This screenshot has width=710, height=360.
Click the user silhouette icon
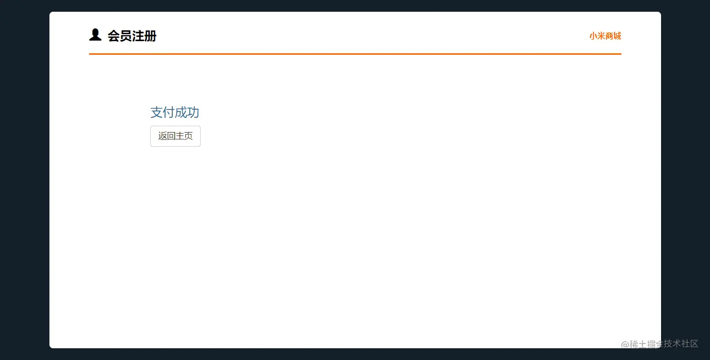click(x=95, y=35)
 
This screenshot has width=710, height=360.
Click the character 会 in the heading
click(x=114, y=36)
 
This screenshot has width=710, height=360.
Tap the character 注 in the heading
click(x=138, y=36)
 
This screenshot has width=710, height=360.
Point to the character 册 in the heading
click(x=150, y=36)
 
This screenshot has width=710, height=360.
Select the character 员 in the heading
click(x=126, y=36)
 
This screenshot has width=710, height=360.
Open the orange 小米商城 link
click(x=605, y=36)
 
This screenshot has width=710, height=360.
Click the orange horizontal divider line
click(x=355, y=54)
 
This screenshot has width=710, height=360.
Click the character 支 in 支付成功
click(x=157, y=112)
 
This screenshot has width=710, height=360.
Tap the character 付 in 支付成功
click(x=169, y=112)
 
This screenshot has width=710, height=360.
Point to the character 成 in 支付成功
click(x=181, y=112)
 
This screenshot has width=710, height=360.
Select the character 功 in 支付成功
click(x=193, y=112)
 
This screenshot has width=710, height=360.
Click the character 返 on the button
click(x=162, y=136)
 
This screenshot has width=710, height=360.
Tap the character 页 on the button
click(x=188, y=136)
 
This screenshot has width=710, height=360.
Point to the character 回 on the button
click(x=171, y=136)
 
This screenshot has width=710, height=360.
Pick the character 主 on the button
click(x=180, y=136)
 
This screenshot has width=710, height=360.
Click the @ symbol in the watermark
click(x=625, y=344)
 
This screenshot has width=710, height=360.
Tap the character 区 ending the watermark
click(x=694, y=344)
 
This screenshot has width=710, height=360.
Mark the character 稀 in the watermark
click(x=634, y=344)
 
